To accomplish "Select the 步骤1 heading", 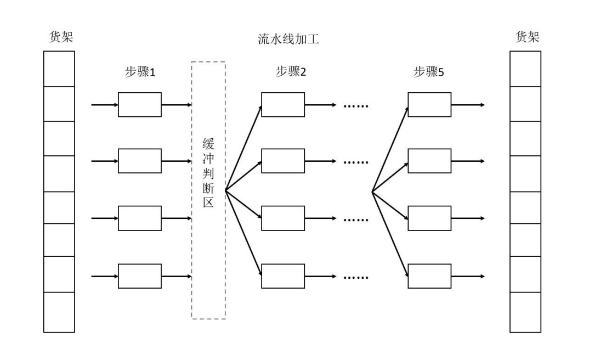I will [x=140, y=72].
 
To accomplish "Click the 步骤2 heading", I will [x=290, y=72].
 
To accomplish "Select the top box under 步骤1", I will [x=140, y=104].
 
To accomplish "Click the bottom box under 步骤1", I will [x=140, y=276].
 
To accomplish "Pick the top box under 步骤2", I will [x=282, y=104].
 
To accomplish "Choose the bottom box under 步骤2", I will [x=282, y=276].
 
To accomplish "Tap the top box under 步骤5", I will [x=429, y=104].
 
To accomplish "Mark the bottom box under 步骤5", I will [x=429, y=276].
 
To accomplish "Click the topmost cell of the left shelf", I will [x=59, y=69].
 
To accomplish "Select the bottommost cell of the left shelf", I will [x=59, y=312].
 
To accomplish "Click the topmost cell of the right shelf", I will [x=525, y=69].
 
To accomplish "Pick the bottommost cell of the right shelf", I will [x=525, y=312].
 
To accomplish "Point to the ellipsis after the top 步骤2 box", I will [x=357, y=105].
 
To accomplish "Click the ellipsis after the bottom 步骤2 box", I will [x=357, y=277].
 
